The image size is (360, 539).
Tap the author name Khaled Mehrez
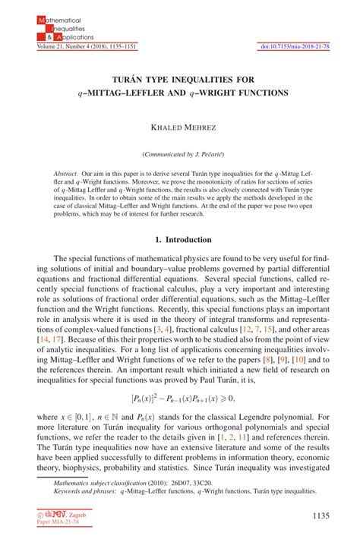click(x=180, y=131)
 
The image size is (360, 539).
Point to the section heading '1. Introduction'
click(x=180, y=239)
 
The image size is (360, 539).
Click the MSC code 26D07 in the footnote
click(x=182, y=482)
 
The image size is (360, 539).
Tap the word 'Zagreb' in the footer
click(x=77, y=515)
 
